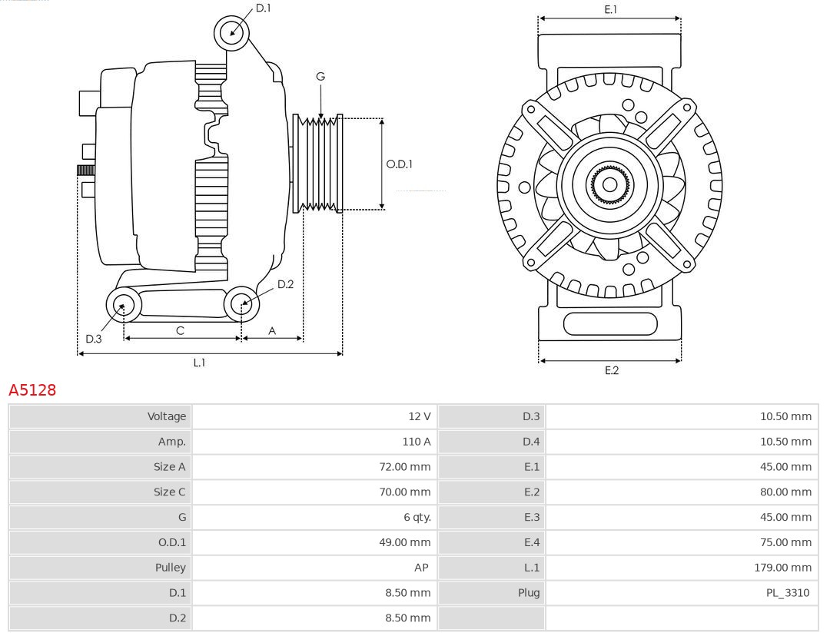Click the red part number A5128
coord(32,390)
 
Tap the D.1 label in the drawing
coord(263,8)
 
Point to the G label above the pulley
coord(320,76)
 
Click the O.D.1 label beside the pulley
coord(399,164)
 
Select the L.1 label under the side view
coord(199,363)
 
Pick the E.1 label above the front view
coord(610,9)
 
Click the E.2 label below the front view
coord(611,370)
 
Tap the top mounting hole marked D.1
coord(231,32)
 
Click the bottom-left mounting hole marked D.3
coord(123,306)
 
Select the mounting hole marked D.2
coord(242,304)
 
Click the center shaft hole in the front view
coord(609,185)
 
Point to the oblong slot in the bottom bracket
coord(610,323)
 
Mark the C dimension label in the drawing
coord(180,330)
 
